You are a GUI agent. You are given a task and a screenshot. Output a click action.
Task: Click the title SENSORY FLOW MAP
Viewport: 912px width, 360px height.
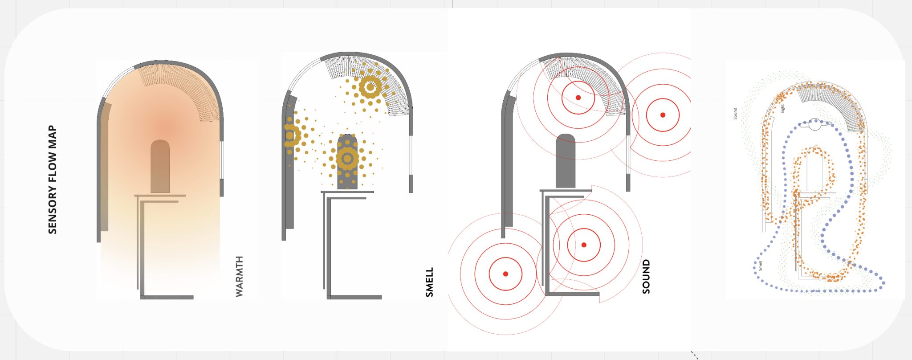[53, 180]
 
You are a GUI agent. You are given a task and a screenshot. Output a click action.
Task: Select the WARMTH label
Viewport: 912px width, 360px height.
[239, 276]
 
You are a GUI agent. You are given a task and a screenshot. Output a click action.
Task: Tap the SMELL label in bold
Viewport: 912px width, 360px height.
[429, 282]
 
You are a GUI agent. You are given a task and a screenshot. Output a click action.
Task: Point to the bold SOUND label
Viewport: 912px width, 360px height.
[646, 277]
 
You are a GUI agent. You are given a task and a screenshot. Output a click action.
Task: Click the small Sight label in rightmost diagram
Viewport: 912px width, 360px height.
[782, 109]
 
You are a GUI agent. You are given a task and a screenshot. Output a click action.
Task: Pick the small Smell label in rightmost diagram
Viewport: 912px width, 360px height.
[760, 266]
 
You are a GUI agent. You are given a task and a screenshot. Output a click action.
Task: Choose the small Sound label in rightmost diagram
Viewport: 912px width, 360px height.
[735, 114]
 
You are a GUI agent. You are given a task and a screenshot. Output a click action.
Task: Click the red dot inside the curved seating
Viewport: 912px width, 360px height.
[578, 98]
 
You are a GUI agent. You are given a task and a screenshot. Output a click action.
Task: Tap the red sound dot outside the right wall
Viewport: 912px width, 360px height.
[663, 115]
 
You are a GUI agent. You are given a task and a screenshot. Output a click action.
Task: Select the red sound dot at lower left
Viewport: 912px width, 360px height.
[505, 274]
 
